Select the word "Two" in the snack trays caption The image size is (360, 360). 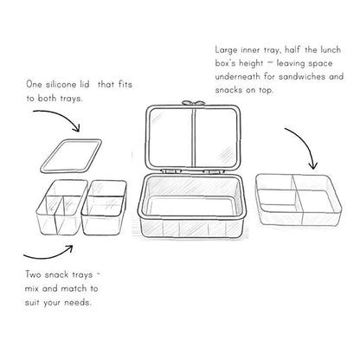tap(33, 274)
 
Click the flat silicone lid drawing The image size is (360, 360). tap(71, 156)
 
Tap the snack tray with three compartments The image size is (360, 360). tap(61, 207)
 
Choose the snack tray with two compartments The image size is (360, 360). tap(104, 207)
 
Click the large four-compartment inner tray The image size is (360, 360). tap(299, 199)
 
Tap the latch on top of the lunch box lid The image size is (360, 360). tap(194, 102)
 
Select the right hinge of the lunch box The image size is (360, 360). tap(214, 171)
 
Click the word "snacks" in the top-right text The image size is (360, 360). tap(228, 90)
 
